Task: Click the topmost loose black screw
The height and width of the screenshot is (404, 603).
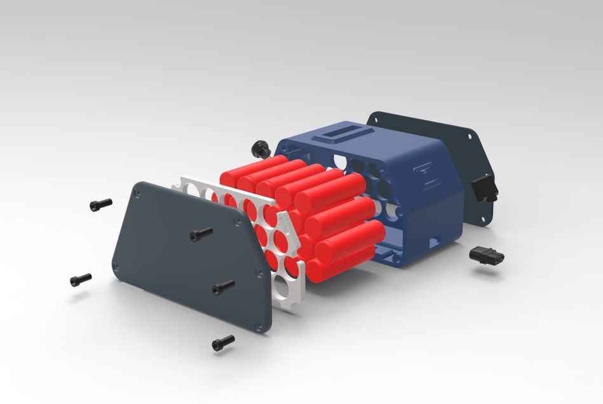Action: [x=100, y=204]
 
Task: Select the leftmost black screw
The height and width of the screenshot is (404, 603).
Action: [x=81, y=279]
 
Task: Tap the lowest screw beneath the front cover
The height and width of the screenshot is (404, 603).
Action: [x=222, y=343]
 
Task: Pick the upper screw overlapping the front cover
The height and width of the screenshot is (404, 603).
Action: [x=201, y=235]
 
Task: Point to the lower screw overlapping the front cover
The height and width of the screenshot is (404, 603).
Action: [x=223, y=287]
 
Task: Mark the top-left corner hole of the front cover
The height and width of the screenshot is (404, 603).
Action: [x=139, y=188]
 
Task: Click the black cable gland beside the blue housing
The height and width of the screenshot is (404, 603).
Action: [x=259, y=149]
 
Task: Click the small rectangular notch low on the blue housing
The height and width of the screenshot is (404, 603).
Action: [x=436, y=242]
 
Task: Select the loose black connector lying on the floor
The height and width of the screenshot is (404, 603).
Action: [x=486, y=256]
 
